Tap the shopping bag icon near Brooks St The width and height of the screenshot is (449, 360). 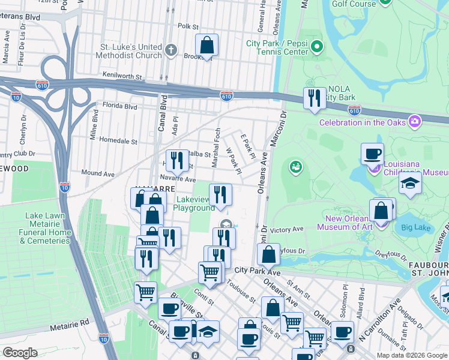[x=206, y=46]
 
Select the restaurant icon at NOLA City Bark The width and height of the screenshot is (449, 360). [x=314, y=98]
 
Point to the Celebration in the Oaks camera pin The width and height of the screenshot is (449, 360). [x=414, y=122]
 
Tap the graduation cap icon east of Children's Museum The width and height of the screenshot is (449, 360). [x=410, y=184]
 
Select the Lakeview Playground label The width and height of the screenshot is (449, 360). [x=194, y=203]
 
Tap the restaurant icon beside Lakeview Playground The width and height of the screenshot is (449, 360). [x=220, y=195]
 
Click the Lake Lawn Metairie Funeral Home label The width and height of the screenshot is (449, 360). [x=45, y=228]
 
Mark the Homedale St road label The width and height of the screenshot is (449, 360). [x=118, y=142]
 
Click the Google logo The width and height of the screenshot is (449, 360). [x=20, y=353]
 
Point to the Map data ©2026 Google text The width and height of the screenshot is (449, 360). [x=411, y=355]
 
